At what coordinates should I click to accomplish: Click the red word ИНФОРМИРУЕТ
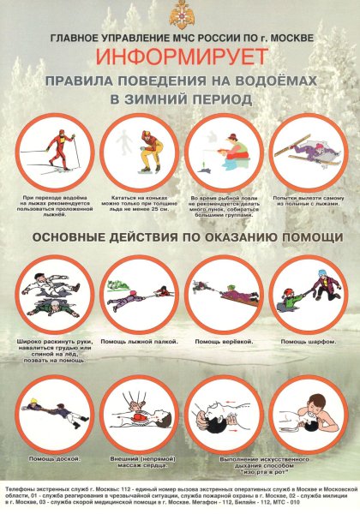pyautogui.click(x=179, y=57)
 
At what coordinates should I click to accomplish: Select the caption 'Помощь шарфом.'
pyautogui.click(x=307, y=342)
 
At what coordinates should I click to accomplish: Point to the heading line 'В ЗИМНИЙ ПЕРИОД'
pyautogui.click(x=180, y=99)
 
